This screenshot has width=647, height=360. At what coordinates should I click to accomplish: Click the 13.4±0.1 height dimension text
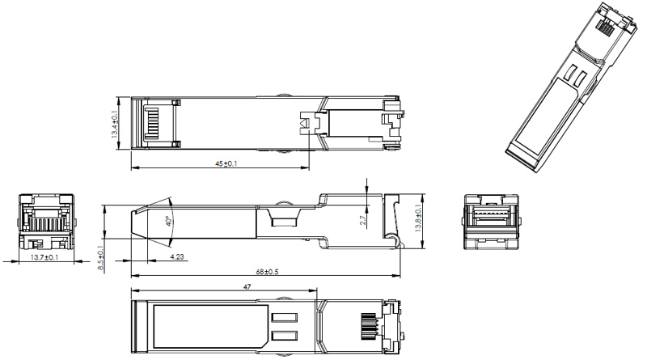pos(115,123)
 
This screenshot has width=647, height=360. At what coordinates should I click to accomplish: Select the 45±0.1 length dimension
pos(225,164)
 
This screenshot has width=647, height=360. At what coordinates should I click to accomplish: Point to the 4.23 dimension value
pos(175,257)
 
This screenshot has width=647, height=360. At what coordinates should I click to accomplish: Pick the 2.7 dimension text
pos(363,219)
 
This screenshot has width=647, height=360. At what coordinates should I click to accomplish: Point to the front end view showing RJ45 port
pos(46,221)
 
